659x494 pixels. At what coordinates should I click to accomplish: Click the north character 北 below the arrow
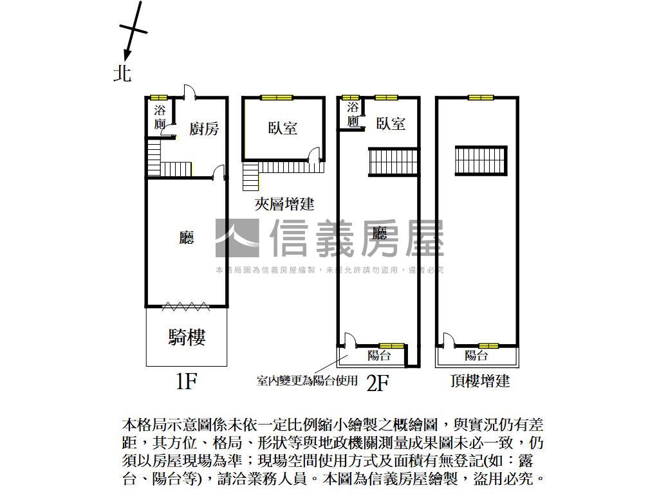click(x=122, y=73)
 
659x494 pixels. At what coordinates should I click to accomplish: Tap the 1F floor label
click(x=185, y=382)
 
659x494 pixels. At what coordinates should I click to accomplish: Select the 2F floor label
click(x=378, y=383)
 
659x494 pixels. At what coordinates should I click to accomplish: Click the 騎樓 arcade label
click(x=187, y=337)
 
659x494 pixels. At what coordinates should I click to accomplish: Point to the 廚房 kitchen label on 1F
click(x=204, y=129)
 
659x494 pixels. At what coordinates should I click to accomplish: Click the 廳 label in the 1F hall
click(x=187, y=239)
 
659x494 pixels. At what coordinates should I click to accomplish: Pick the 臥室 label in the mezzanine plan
click(x=283, y=127)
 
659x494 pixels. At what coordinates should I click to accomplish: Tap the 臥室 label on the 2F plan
click(x=391, y=123)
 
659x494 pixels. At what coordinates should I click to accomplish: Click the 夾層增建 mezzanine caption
click(x=284, y=205)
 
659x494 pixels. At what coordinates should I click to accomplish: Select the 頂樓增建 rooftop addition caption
click(x=480, y=381)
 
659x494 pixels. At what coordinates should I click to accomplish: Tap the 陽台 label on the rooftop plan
click(x=476, y=355)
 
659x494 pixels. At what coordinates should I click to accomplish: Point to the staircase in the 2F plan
click(x=393, y=161)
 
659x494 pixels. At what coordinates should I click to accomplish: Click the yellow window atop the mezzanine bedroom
click(x=276, y=98)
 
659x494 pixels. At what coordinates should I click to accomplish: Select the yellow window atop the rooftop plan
click(x=481, y=98)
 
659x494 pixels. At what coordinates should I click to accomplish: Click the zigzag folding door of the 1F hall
click(x=185, y=306)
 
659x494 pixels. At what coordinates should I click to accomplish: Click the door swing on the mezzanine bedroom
click(x=315, y=154)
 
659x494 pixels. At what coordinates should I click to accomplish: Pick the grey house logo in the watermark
click(x=237, y=238)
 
